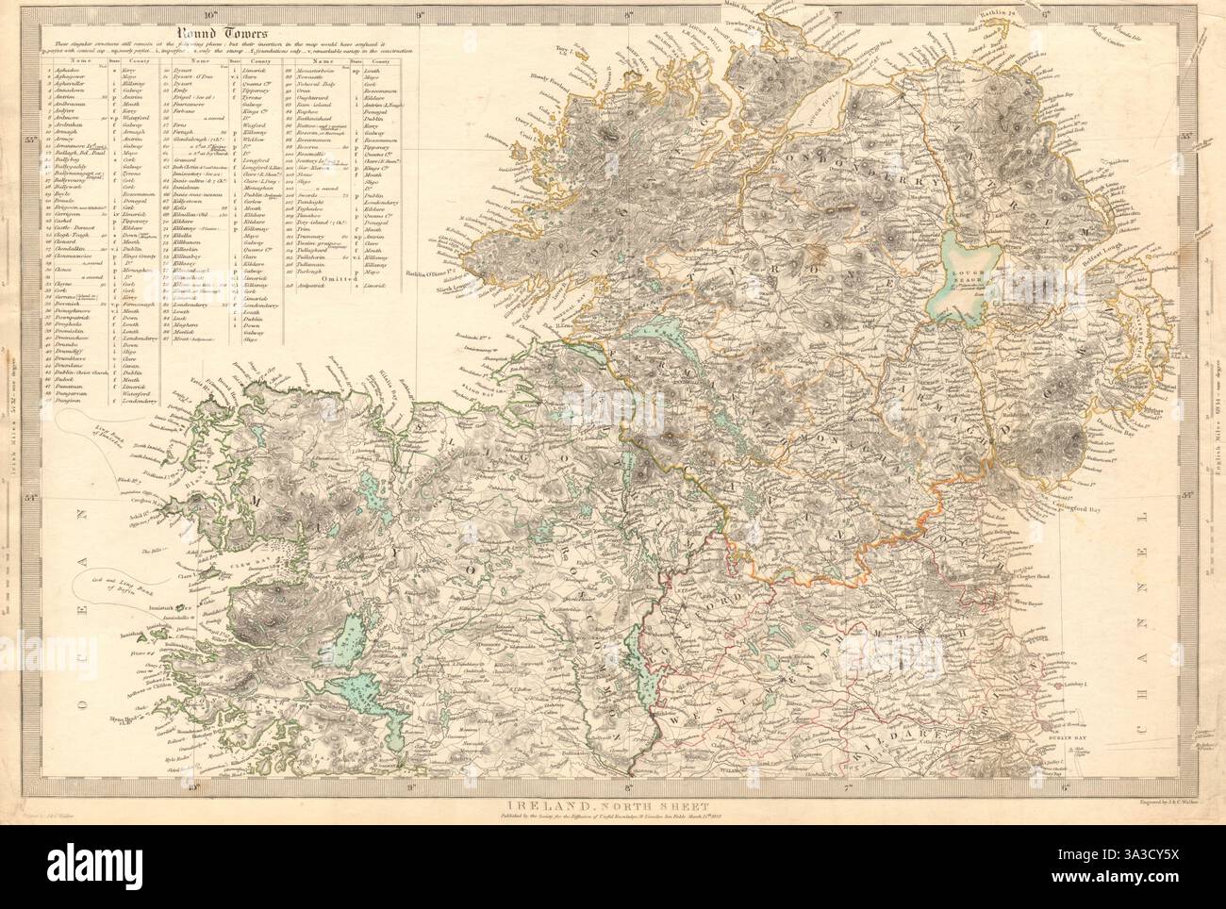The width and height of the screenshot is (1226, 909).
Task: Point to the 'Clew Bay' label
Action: pos(224,557)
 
